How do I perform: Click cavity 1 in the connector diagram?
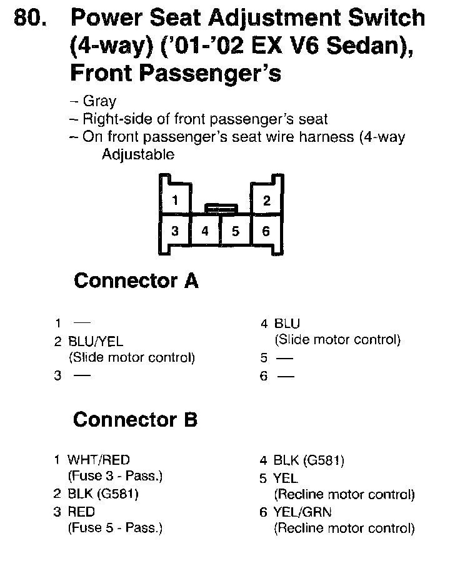[x=176, y=201]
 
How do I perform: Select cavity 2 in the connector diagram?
[x=267, y=201]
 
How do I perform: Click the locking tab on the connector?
[x=221, y=206]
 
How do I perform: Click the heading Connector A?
[x=136, y=281]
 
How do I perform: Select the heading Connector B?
[x=135, y=420]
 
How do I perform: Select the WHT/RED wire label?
[x=99, y=460]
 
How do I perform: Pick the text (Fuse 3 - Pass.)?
[x=115, y=476]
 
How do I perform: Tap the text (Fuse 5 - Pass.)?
[x=115, y=529]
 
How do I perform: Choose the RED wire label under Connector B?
[x=81, y=512]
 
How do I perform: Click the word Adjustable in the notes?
[x=138, y=155]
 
